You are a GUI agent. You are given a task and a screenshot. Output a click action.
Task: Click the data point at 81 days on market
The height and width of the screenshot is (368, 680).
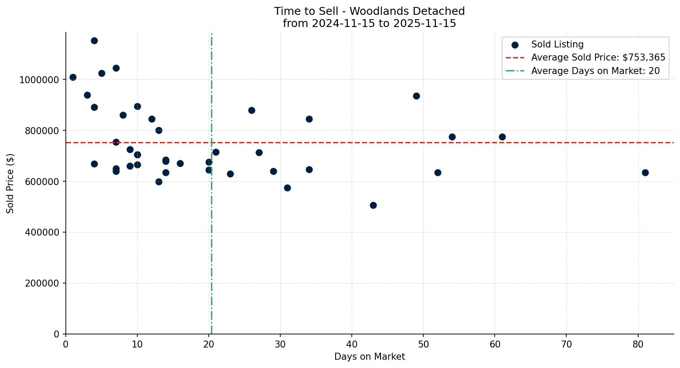645,172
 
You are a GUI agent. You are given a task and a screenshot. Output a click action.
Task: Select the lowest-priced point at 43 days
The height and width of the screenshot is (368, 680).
373,205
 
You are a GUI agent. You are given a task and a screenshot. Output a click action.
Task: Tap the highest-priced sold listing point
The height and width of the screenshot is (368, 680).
94,41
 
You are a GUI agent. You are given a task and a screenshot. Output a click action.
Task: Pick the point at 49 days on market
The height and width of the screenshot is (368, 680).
416,96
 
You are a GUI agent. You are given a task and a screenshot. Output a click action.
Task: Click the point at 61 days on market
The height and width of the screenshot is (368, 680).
502,137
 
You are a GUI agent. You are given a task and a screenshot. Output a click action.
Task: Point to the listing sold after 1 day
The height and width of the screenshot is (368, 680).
73,77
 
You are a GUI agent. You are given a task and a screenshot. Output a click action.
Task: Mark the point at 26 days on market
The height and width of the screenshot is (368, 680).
252,110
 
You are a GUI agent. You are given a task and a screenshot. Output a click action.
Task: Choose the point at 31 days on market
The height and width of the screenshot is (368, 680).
287,188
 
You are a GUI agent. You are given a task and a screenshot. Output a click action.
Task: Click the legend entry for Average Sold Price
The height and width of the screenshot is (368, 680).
598,57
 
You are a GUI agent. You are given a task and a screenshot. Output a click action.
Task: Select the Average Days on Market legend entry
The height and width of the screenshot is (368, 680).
595,71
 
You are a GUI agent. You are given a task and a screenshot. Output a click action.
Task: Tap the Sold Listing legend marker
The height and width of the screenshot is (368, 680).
515,45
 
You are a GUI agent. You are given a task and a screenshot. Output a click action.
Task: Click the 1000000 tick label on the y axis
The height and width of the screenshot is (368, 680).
39,80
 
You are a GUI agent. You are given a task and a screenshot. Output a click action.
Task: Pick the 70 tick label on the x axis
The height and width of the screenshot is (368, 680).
566,344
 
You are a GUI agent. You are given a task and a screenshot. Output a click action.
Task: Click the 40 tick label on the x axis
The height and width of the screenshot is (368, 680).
352,344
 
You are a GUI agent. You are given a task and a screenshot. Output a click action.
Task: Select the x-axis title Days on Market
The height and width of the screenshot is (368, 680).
370,357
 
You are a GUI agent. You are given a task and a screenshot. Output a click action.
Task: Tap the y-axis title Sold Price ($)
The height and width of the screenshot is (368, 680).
10,183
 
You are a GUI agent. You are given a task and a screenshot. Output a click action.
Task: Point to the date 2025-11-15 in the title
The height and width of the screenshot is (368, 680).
425,24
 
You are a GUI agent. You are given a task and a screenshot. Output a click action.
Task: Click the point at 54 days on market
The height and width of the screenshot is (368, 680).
452,137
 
